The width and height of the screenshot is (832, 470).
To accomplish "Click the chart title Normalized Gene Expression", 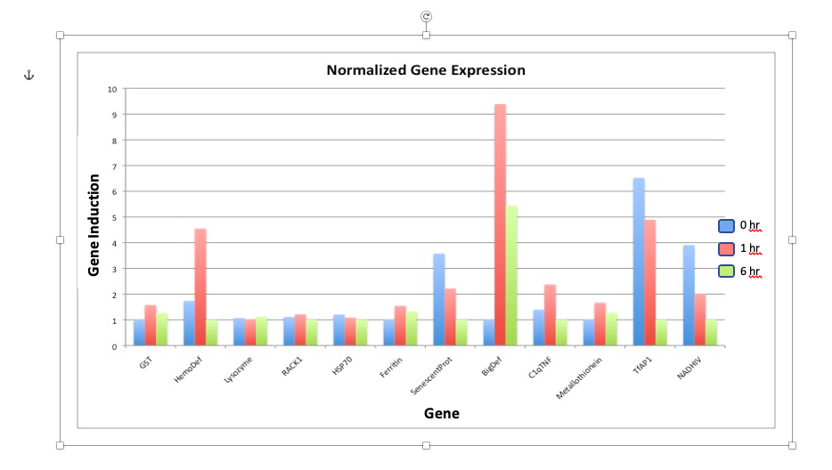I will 425,70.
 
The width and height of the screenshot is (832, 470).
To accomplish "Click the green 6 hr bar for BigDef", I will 511,276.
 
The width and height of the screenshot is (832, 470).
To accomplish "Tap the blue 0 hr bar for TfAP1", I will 639,262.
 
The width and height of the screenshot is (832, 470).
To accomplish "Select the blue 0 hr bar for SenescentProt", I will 439,299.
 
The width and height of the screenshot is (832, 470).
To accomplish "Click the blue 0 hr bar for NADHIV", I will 689,295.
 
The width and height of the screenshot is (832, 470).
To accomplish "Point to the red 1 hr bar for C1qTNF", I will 551,315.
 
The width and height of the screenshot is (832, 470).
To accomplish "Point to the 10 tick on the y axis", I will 112,89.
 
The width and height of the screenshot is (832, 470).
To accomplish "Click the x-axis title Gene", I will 441,413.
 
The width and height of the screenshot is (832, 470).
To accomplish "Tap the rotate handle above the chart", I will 426,16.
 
